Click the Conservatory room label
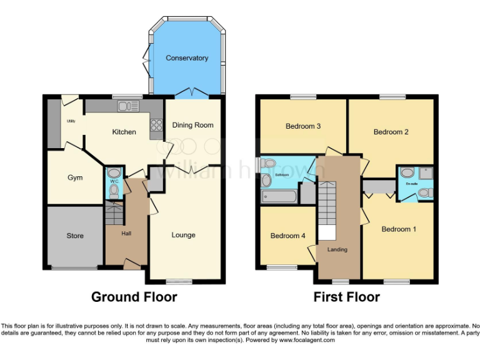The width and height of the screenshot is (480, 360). point(186,58)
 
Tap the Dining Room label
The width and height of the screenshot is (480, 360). point(192,125)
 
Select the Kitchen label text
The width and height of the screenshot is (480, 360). point(124,132)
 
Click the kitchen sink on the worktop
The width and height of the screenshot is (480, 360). point(127,106)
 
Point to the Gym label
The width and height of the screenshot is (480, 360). point(75,177)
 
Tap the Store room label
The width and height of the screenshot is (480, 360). point(75,236)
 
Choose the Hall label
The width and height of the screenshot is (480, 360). point(126,233)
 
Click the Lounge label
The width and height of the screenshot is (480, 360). point(184,235)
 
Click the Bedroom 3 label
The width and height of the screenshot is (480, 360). point(303,126)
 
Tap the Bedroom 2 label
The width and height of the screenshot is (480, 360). point(391,132)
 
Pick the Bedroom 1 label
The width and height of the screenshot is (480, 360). point(399,229)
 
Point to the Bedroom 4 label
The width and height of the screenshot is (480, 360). point(287,236)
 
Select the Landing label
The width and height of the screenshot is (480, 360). point(337,249)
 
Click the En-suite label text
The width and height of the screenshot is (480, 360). point(412,184)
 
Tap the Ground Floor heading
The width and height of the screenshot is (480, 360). point(134,297)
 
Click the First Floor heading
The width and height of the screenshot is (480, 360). point(346,297)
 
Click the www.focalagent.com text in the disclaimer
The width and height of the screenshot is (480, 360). point(307,341)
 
